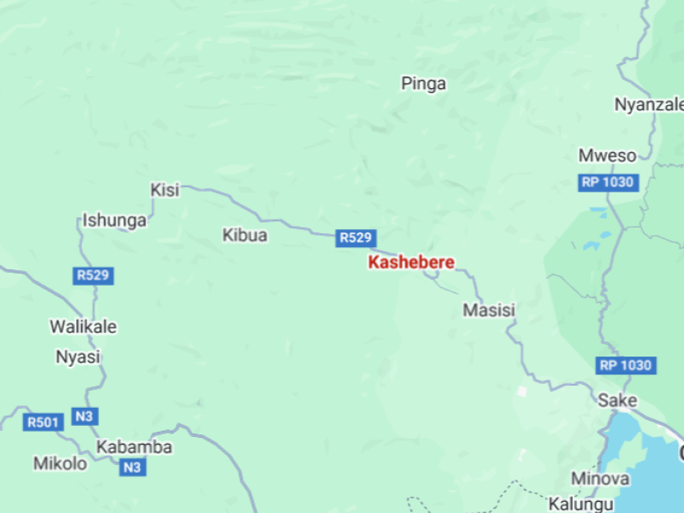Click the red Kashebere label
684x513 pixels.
(x=411, y=262)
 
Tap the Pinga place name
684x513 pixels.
(x=424, y=84)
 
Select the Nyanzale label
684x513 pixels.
(x=649, y=104)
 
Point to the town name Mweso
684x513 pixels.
(x=607, y=156)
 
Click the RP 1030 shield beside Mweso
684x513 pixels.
(x=607, y=182)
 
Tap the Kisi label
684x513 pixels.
(x=165, y=190)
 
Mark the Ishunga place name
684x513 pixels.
(x=115, y=221)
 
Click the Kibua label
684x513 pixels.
(x=245, y=235)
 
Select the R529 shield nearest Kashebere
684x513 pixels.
(x=356, y=238)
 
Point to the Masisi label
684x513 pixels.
(x=489, y=310)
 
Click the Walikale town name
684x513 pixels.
(x=83, y=327)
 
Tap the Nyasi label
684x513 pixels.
(x=78, y=357)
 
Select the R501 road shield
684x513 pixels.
(x=44, y=422)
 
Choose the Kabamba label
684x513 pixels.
(x=134, y=447)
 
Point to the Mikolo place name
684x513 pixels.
(x=60, y=463)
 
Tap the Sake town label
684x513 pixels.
(x=617, y=400)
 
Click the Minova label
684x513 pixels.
(x=600, y=479)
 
